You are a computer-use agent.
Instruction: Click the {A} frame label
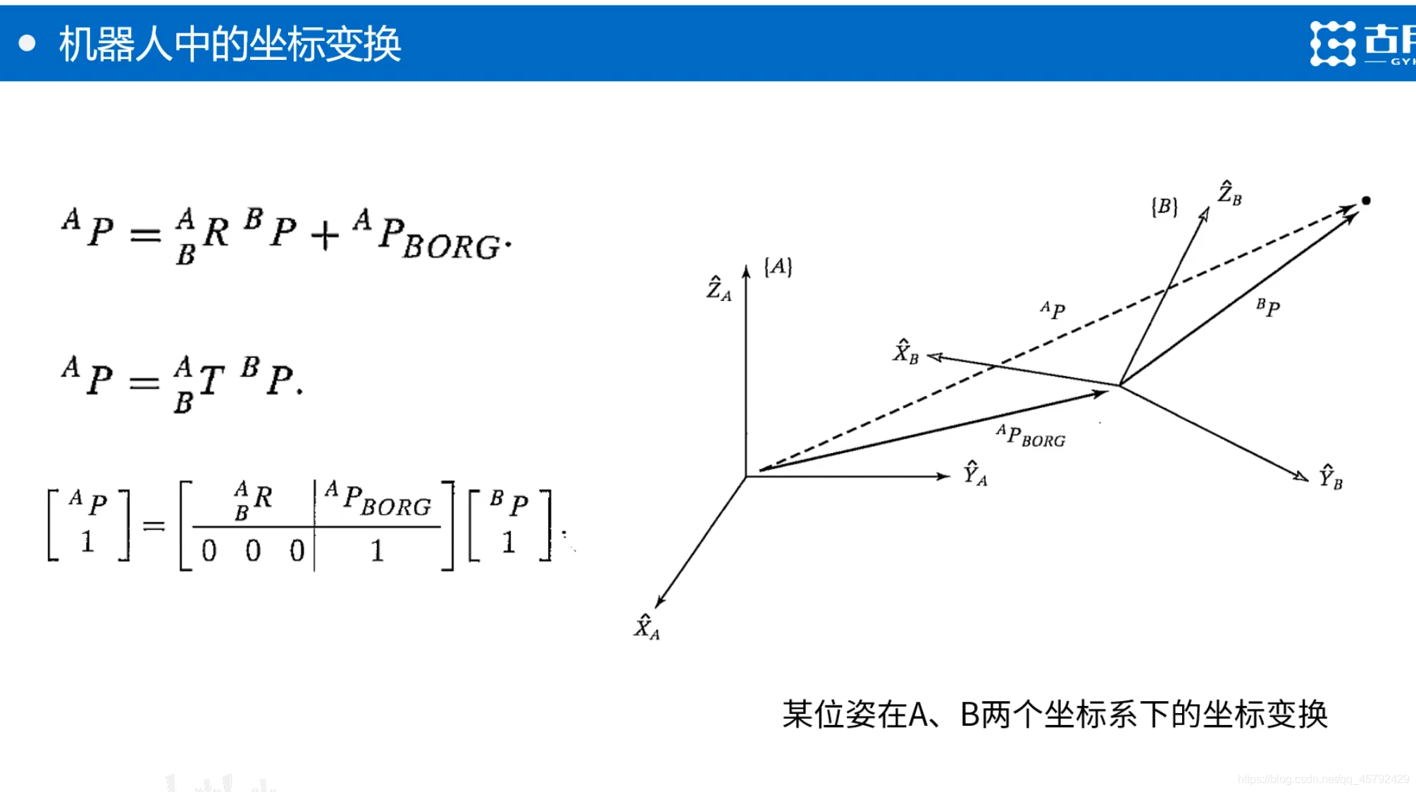click(x=778, y=267)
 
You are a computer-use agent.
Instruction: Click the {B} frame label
click(x=1164, y=206)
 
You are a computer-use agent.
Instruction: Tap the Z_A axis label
click(x=719, y=289)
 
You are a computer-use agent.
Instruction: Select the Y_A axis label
click(x=975, y=474)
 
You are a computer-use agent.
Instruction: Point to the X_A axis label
click(x=647, y=627)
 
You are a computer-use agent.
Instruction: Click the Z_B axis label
click(x=1230, y=193)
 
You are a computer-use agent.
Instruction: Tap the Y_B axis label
click(x=1331, y=477)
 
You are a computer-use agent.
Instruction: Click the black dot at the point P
click(x=1366, y=201)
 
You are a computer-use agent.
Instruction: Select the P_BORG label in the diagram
click(x=1031, y=436)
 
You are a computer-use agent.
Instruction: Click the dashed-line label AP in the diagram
click(x=1052, y=309)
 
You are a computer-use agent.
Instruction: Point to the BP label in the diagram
click(x=1268, y=307)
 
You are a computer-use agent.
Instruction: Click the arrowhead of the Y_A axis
click(x=944, y=476)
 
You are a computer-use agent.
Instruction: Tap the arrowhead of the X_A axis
click(x=659, y=601)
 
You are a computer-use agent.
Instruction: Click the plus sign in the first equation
click(x=325, y=237)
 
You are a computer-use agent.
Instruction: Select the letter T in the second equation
click(x=211, y=381)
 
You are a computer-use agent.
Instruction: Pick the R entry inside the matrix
click(x=254, y=499)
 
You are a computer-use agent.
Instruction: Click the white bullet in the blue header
click(x=27, y=44)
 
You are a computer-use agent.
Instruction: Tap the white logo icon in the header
click(x=1332, y=44)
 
